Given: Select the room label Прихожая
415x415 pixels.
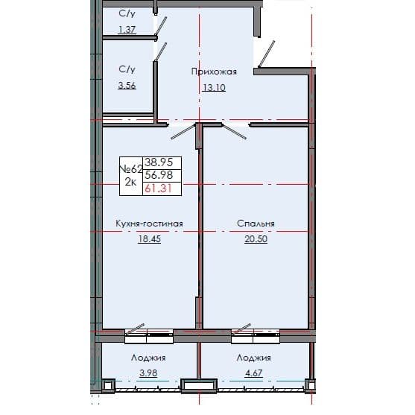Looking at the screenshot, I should coord(214,72).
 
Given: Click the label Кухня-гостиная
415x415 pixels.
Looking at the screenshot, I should coord(149,223).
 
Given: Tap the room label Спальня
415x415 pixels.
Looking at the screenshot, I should coord(256,223).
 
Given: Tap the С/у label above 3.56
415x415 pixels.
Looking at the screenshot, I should coord(127,69).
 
